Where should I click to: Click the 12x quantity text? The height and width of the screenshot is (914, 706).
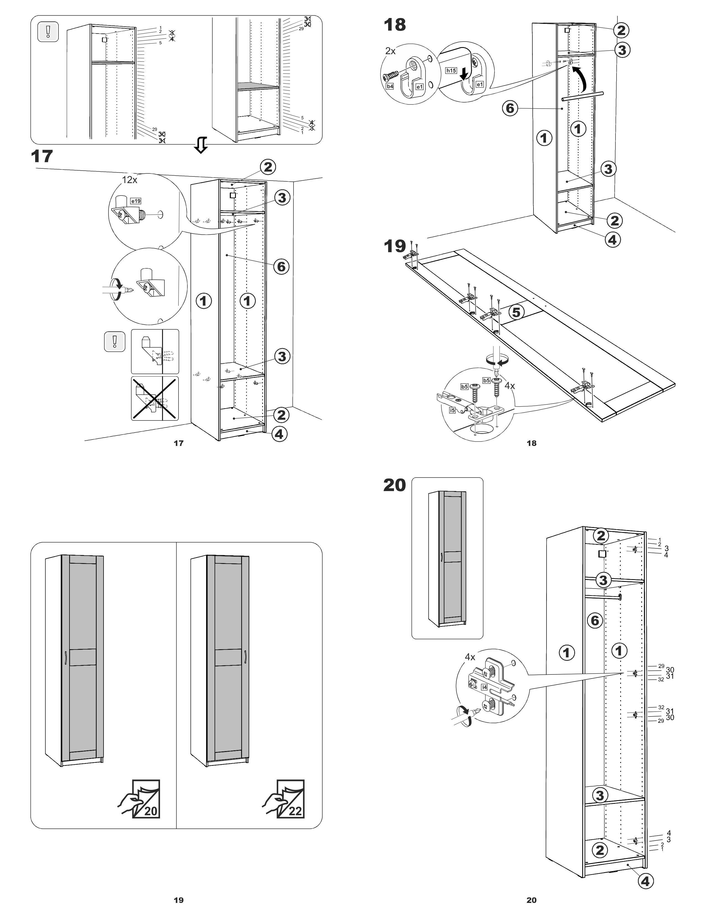[x=129, y=180]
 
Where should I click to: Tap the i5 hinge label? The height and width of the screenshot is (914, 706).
[x=452, y=410]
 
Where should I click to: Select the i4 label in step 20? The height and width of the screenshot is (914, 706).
[x=484, y=687]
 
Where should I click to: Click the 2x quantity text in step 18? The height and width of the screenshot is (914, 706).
[x=390, y=51]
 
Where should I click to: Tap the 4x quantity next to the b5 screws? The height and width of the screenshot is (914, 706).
[x=509, y=386]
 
